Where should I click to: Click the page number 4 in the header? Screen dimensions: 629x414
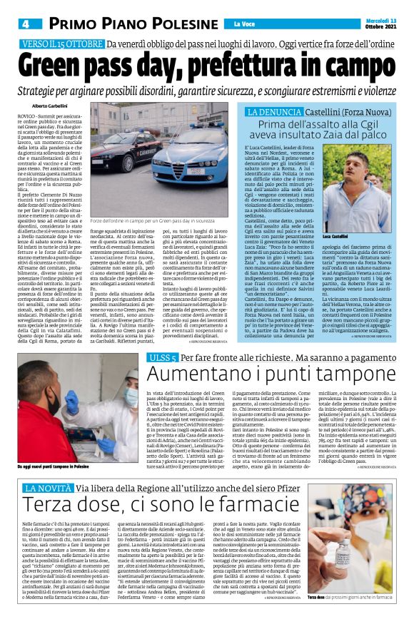(26, 24)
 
